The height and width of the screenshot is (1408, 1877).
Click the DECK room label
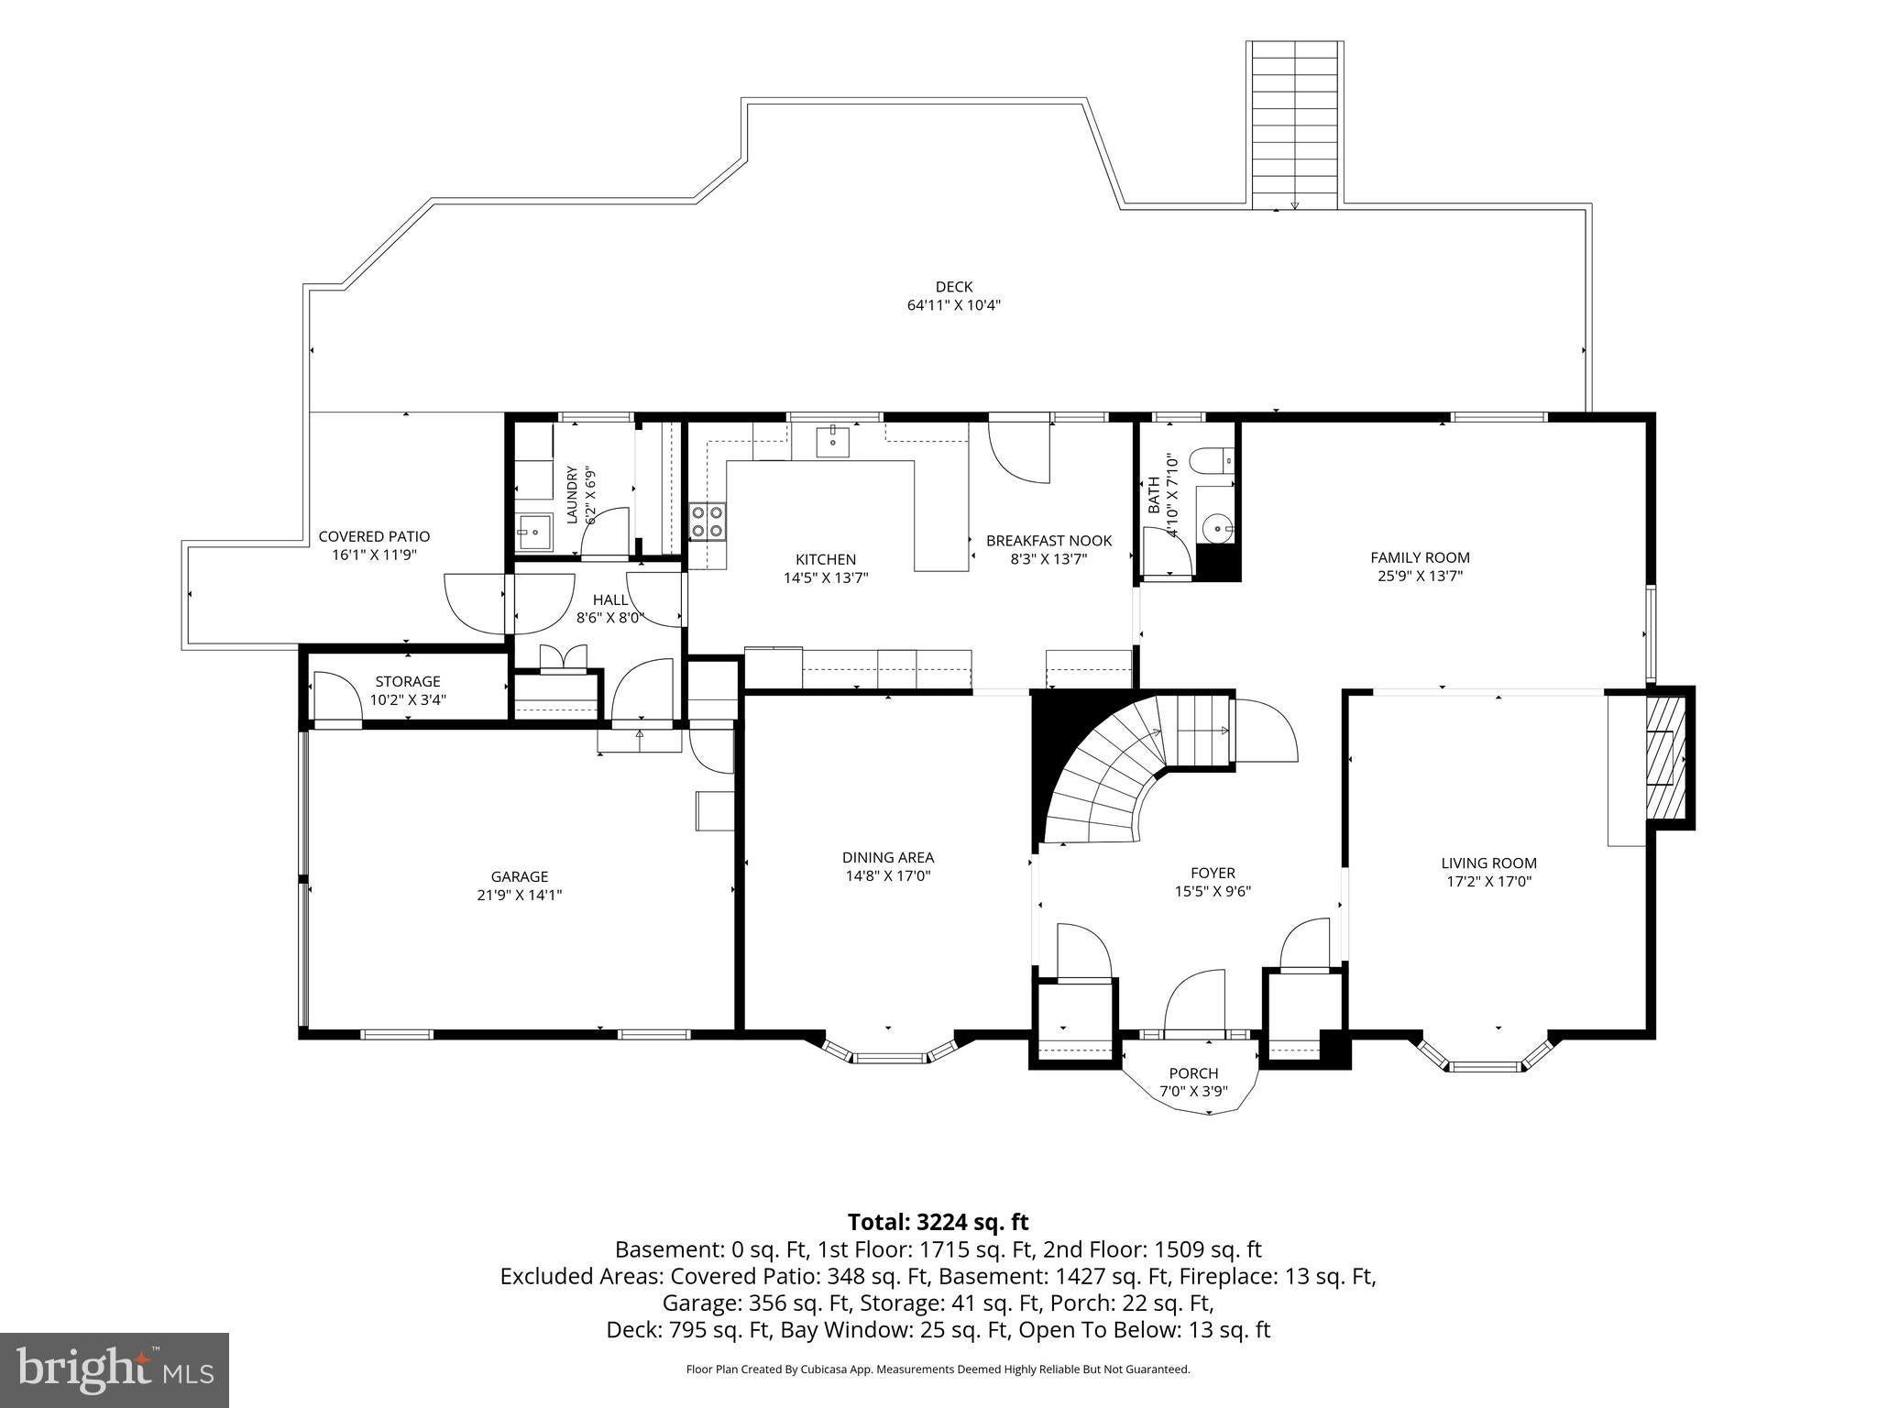coord(954,287)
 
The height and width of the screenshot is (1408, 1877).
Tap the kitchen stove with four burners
coord(708,522)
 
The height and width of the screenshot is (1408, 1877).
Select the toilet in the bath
coord(1212,460)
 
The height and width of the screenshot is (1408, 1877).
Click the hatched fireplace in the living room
coord(1665,758)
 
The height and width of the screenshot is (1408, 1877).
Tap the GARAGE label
coord(519,876)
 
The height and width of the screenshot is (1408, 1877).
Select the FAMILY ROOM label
coord(1420,557)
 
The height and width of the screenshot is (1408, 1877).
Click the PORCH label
coord(1193,1073)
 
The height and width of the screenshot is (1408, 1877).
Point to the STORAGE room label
coord(408,681)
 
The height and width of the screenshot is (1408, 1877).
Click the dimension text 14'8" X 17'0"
coord(888,876)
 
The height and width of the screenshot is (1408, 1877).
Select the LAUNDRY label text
coord(572,495)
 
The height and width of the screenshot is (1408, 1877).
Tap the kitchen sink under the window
coord(835,441)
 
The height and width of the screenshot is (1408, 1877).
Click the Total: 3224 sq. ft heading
coord(938,1222)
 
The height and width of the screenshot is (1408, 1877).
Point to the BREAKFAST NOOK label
coord(1048,541)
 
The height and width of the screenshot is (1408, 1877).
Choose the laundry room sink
coord(532,532)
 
